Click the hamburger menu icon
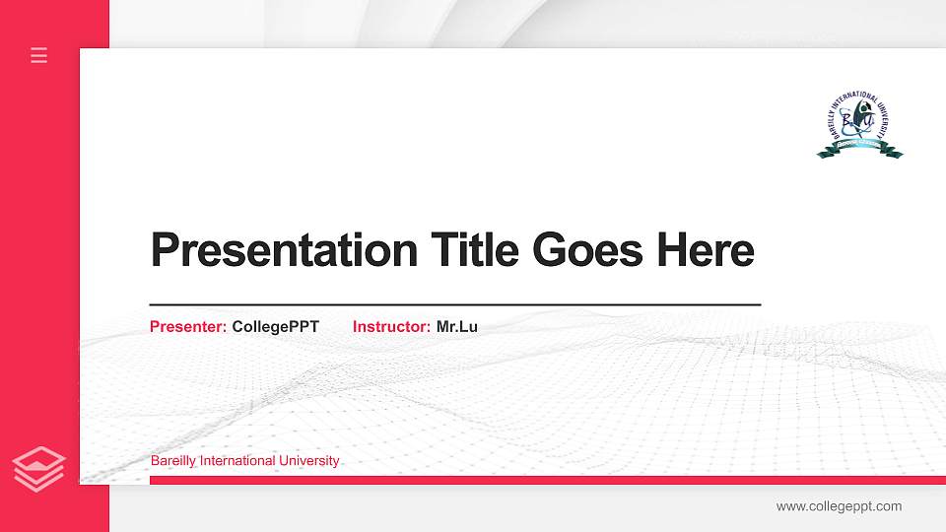click(x=39, y=55)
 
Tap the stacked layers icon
click(x=39, y=467)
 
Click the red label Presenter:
click(x=188, y=326)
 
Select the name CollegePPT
click(x=275, y=326)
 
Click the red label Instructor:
click(x=391, y=326)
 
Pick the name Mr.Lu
click(x=457, y=326)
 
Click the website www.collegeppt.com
click(x=839, y=506)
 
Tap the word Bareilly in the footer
click(x=172, y=461)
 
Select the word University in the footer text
click(x=309, y=461)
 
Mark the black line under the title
click(x=454, y=305)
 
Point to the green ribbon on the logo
click(x=859, y=151)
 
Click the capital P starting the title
click(x=164, y=250)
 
